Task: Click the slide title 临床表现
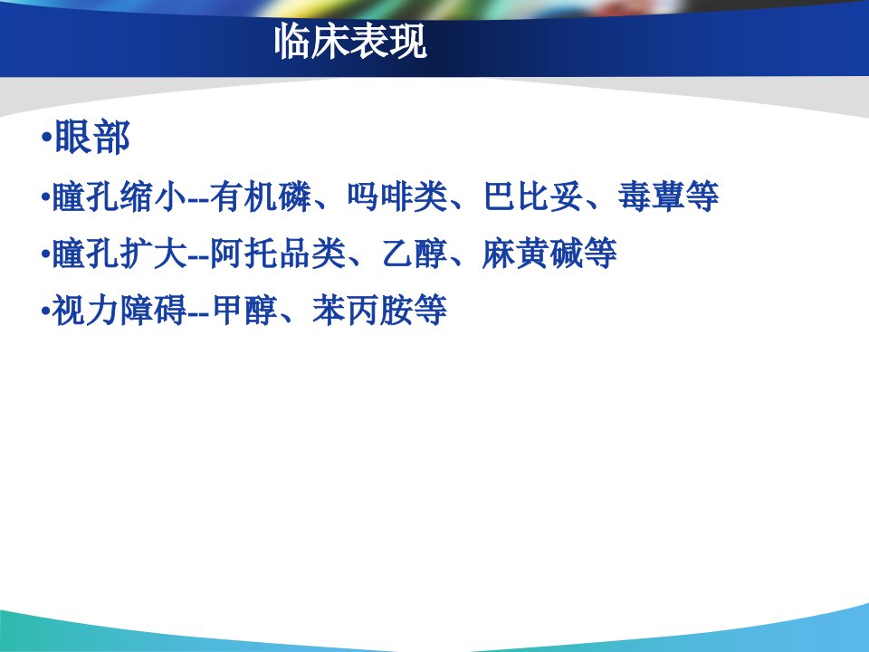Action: (x=350, y=41)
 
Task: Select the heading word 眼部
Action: (x=92, y=137)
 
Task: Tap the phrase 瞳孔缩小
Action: (x=119, y=197)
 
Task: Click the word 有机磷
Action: (x=261, y=197)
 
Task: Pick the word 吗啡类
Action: (x=397, y=197)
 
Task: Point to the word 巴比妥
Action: (x=533, y=197)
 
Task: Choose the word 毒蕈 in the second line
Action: (x=651, y=197)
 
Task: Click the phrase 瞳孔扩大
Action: (x=119, y=254)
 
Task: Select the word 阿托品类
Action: (x=278, y=254)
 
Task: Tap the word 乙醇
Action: (x=415, y=254)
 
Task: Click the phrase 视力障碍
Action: (x=119, y=310)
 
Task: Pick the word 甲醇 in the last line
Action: (x=245, y=310)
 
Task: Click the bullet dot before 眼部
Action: (x=46, y=137)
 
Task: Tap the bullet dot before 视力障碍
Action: (x=45, y=311)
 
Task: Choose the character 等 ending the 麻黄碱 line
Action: (x=600, y=254)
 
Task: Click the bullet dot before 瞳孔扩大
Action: (x=45, y=254)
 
